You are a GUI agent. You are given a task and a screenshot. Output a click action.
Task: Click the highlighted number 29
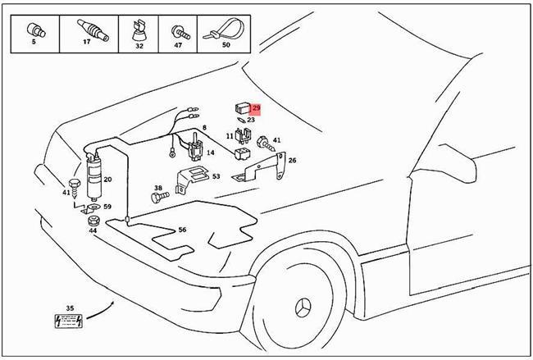click(x=256, y=108)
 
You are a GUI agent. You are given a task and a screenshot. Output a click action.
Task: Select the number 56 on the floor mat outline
click(x=182, y=230)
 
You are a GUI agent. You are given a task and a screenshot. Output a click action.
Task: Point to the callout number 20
click(x=107, y=180)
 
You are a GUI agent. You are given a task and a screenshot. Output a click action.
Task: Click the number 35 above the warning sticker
click(x=70, y=308)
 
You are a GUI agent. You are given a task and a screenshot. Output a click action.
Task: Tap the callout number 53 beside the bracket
click(x=216, y=175)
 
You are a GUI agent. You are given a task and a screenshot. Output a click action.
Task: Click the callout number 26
click(x=292, y=161)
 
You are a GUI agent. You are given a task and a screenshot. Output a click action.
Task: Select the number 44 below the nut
click(x=93, y=230)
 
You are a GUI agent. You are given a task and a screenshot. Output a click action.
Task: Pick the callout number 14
click(x=211, y=153)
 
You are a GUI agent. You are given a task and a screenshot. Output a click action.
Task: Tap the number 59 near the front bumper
click(x=107, y=207)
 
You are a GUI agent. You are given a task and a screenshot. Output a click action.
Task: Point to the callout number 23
click(x=251, y=120)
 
